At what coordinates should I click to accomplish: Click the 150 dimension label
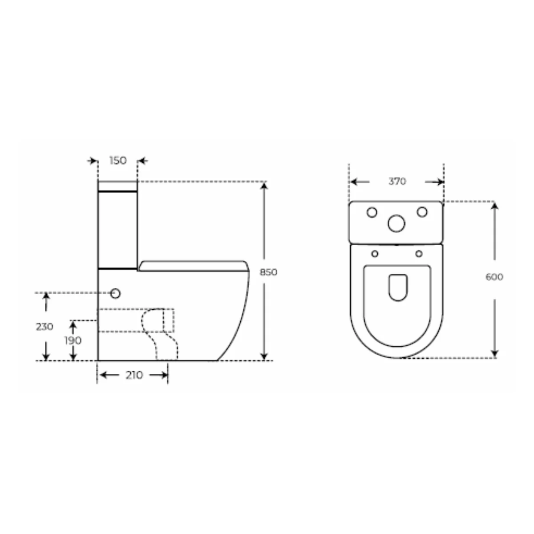[118, 161]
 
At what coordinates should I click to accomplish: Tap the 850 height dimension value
[268, 272]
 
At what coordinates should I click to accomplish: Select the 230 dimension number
[44, 327]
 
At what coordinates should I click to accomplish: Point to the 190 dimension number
[73, 340]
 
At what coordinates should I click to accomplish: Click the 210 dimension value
[134, 375]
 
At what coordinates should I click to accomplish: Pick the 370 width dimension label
[397, 181]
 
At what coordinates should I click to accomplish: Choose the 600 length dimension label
[494, 277]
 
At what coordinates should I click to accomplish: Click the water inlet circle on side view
[115, 293]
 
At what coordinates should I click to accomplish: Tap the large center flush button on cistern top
[396, 223]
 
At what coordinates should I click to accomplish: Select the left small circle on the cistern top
[372, 213]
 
